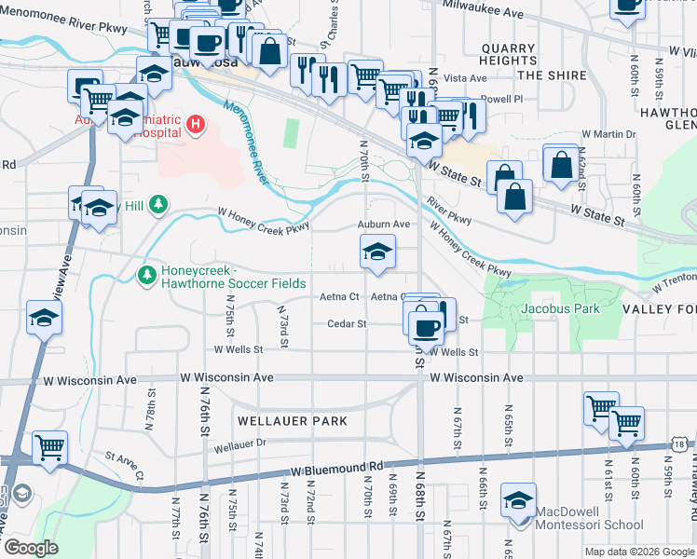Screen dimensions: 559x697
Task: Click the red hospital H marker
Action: (x=196, y=124)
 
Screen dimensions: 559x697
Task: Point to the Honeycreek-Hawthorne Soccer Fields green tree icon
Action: (x=146, y=275)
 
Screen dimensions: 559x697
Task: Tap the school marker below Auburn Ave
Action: (x=376, y=252)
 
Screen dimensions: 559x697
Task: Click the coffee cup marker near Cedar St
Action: (x=426, y=327)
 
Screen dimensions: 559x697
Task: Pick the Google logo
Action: (x=31, y=548)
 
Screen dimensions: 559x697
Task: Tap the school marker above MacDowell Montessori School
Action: (x=518, y=499)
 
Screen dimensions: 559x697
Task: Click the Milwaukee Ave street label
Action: (x=484, y=14)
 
